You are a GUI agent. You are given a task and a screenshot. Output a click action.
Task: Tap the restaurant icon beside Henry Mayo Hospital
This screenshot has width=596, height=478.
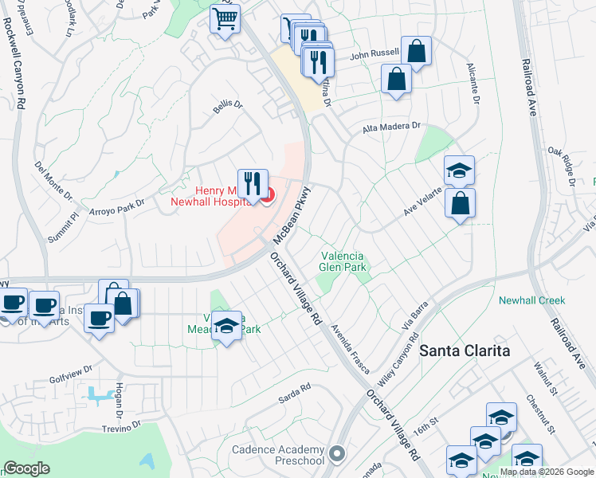[x=253, y=182]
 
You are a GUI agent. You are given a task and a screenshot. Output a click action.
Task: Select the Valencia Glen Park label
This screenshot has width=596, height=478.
[x=343, y=262]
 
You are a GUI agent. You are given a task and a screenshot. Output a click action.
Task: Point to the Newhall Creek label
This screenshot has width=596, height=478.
[x=531, y=300]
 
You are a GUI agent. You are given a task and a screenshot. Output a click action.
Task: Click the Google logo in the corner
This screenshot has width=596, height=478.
[x=27, y=468]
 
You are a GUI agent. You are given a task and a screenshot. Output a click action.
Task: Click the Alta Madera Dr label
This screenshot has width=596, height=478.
[x=391, y=127]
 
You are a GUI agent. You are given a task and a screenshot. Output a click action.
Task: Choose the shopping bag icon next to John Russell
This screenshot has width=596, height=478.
[x=416, y=53]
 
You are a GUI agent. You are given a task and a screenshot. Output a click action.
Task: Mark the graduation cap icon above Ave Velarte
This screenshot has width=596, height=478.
[x=459, y=170]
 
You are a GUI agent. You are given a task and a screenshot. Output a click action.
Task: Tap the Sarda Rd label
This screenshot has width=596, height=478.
[x=294, y=391]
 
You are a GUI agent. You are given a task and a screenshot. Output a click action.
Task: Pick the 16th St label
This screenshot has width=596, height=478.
[x=449, y=420]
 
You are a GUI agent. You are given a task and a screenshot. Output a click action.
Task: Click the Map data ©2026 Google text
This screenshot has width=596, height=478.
[x=546, y=472]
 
